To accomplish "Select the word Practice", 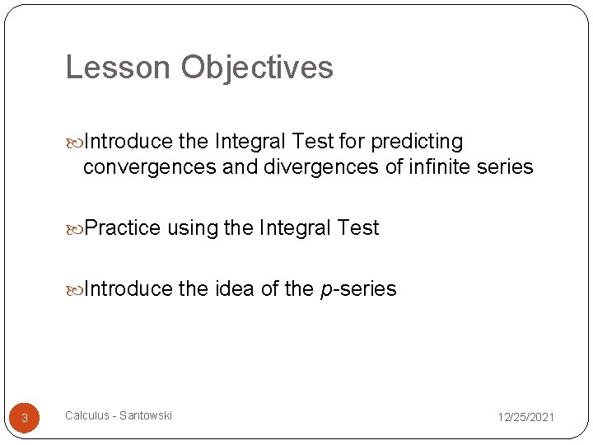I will click(x=123, y=228).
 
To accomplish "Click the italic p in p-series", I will click(x=324, y=290).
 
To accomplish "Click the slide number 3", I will click(x=25, y=418).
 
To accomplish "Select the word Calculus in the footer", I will click(x=86, y=415).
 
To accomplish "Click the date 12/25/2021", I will click(x=525, y=418).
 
